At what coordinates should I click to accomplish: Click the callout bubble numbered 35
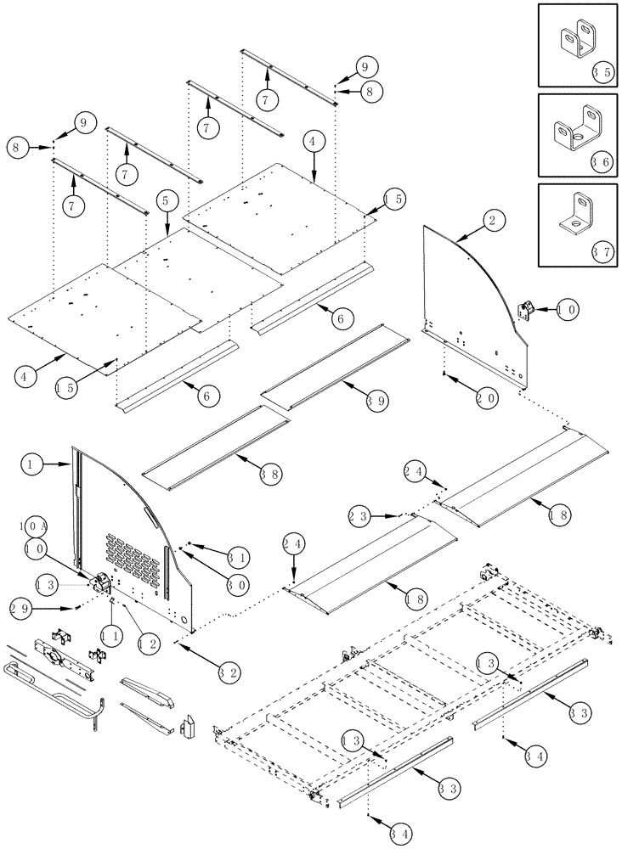(x=602, y=72)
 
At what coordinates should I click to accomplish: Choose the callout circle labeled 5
(x=166, y=201)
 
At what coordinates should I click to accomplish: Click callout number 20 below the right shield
(x=486, y=396)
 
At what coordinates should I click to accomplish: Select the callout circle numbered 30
(x=237, y=584)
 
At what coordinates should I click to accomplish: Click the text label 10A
(x=32, y=526)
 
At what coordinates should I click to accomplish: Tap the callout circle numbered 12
(x=146, y=644)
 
